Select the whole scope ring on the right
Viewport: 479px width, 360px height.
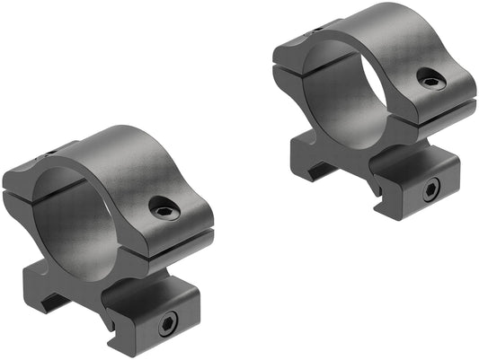pos(373,108)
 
